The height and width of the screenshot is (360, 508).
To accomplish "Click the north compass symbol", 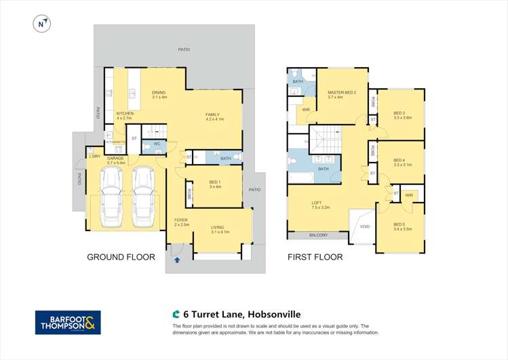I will [42, 23].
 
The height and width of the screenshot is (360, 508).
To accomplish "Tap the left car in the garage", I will [111, 197].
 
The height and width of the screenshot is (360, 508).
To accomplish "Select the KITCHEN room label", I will [125, 113].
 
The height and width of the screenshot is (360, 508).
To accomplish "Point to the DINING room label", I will [159, 93].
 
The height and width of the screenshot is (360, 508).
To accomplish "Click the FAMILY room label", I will [214, 115].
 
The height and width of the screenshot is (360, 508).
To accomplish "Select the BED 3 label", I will [399, 113].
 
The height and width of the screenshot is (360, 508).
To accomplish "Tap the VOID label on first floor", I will [365, 226].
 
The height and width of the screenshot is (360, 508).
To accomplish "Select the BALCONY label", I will [318, 235].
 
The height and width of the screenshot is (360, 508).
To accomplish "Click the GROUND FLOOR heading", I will [121, 258].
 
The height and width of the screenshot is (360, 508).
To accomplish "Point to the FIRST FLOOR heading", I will [315, 258].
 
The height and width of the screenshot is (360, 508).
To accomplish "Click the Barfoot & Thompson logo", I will [68, 322].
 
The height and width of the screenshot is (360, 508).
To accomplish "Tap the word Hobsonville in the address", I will [274, 315].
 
